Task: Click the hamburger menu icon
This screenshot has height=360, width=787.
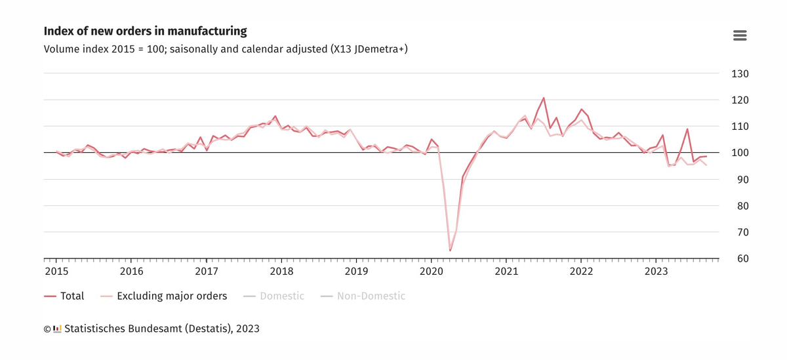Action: coord(740,35)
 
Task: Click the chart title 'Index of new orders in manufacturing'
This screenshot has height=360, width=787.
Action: coord(145,31)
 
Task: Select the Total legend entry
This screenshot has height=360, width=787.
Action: coord(64,296)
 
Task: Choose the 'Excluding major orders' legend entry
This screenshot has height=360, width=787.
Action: coord(164,296)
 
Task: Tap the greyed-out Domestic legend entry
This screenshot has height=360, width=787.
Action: coord(273,296)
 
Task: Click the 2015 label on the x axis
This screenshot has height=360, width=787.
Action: coord(56,271)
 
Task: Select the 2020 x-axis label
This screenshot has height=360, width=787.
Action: coord(432,271)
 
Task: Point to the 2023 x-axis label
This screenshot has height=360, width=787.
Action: coord(656,271)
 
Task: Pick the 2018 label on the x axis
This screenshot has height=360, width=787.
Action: coord(281,271)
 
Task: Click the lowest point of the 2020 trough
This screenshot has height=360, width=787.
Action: coord(450,250)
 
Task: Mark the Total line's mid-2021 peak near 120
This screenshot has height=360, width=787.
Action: coord(544,98)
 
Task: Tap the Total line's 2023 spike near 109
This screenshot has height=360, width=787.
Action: coord(687,129)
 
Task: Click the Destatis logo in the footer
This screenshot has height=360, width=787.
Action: coord(57,328)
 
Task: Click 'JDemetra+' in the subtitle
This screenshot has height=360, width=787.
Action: coord(378,49)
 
